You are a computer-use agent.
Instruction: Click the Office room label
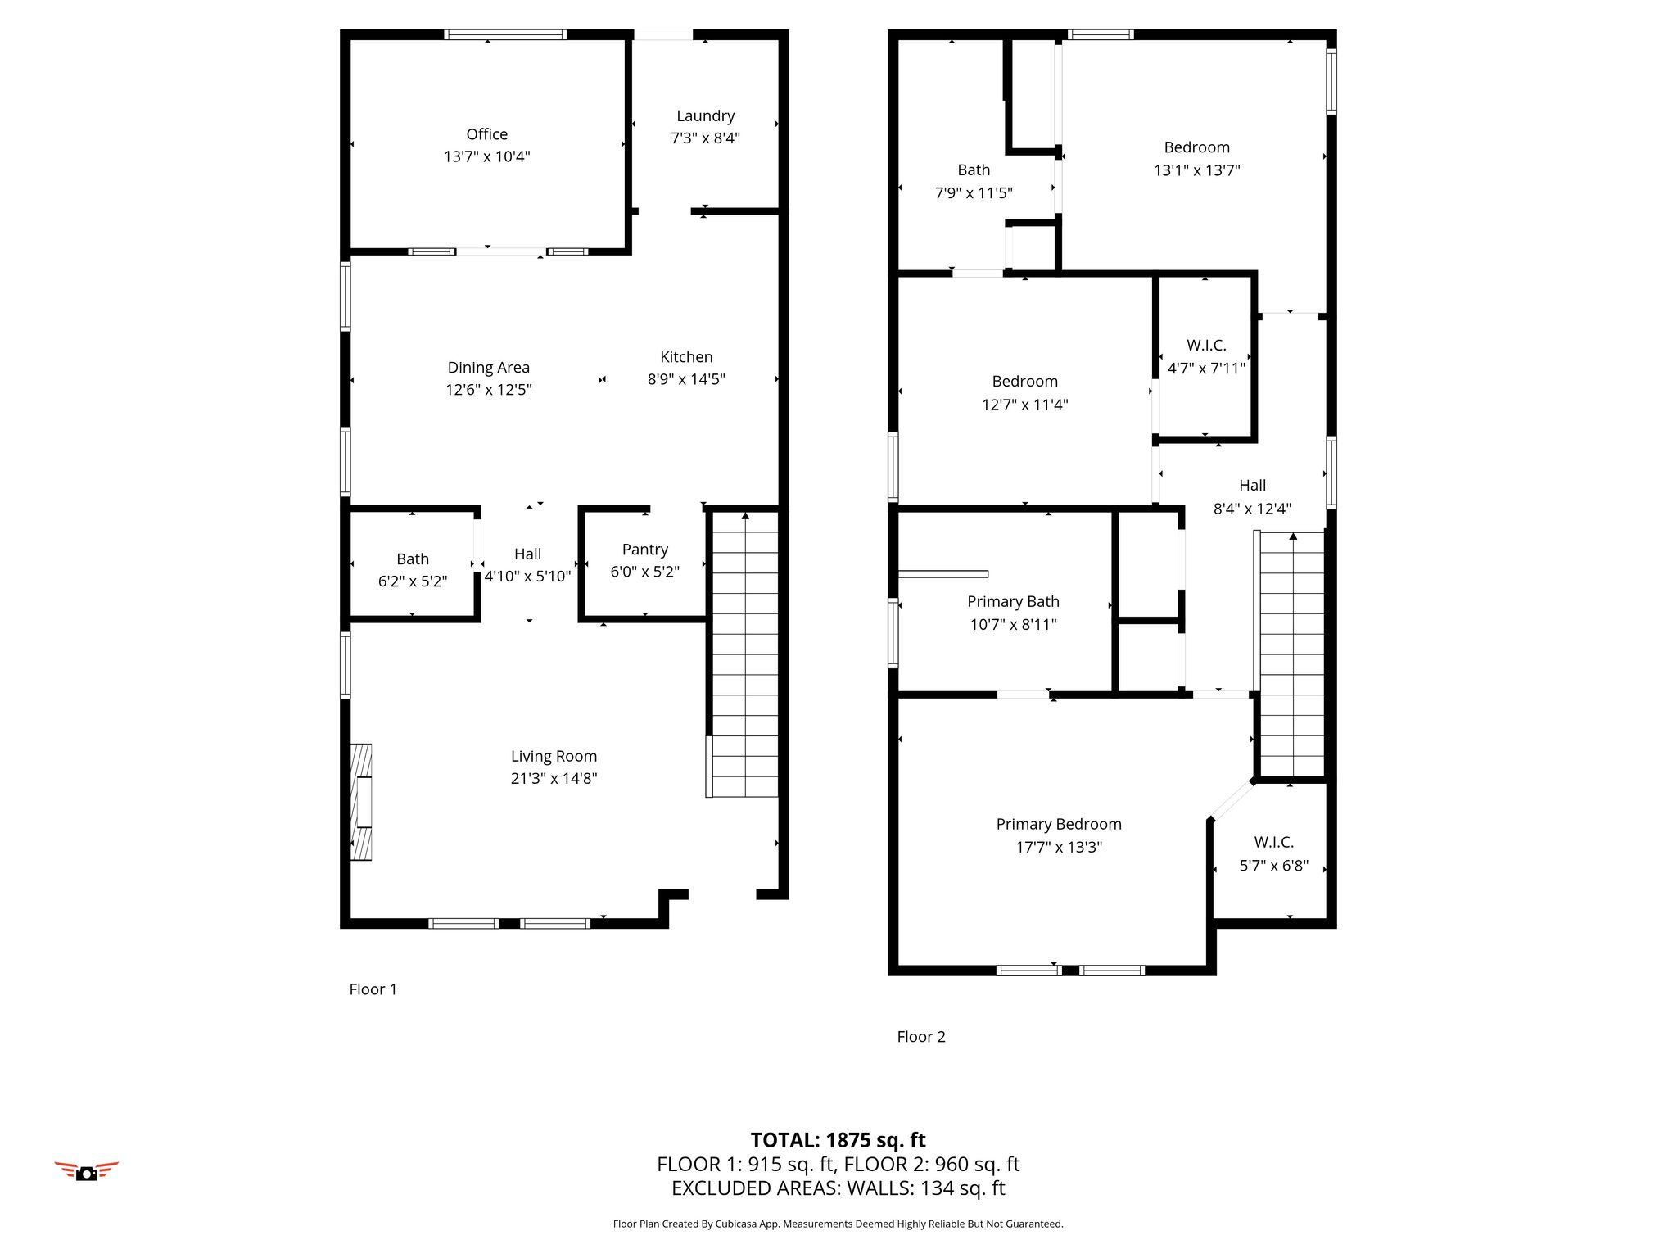point(487,134)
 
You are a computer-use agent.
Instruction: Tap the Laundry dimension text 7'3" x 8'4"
point(706,138)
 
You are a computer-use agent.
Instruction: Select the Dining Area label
point(489,368)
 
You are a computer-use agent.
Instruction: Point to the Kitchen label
point(686,357)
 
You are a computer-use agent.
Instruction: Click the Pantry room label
point(645,550)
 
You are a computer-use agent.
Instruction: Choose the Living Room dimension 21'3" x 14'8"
point(554,779)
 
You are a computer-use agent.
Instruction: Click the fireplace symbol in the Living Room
point(361,802)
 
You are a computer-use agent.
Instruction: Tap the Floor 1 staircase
point(743,654)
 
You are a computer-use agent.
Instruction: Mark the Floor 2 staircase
point(1291,654)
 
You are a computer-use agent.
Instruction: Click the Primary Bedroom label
point(1059,825)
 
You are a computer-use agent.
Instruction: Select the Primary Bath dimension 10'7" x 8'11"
point(1014,625)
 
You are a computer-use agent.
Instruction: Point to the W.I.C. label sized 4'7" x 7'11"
point(1206,346)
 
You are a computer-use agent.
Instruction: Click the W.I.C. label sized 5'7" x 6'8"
point(1274,843)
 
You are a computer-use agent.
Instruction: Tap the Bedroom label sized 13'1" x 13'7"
point(1197,147)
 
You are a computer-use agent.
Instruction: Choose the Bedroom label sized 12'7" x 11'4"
point(1025,382)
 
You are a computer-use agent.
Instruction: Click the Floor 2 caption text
point(921,1037)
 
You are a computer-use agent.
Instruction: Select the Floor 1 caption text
point(373,989)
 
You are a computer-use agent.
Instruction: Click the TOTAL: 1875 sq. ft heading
point(838,1140)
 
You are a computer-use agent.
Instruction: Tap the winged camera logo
point(87,1171)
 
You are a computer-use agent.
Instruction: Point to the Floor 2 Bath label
point(974,170)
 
